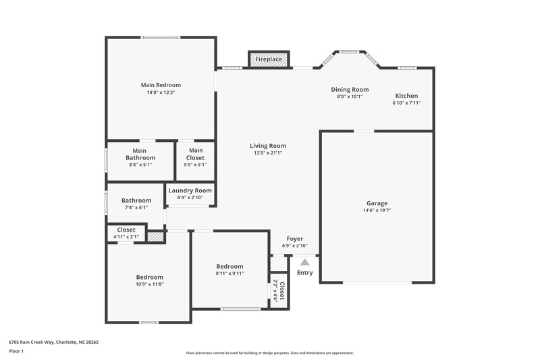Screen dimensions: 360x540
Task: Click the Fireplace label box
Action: pos(269,59)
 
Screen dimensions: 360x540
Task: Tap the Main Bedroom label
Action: pos(161,85)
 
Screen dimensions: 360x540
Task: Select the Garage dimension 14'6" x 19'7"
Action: pos(377,211)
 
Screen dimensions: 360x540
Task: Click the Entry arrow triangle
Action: pos(305,261)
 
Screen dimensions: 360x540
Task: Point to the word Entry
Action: pos(305,272)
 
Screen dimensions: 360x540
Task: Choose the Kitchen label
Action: pos(406,96)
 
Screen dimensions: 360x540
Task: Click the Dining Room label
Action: pos(350,89)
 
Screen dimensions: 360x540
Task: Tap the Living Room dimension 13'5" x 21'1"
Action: pos(268,153)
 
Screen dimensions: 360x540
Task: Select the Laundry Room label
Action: pos(190,190)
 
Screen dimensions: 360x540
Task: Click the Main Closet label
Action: pos(196,154)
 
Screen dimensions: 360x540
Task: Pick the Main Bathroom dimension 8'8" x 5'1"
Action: pos(140,164)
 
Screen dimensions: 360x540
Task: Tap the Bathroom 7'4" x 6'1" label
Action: pos(136,201)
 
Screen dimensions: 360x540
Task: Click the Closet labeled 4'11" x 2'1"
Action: pos(126,230)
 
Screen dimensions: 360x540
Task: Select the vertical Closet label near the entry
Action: pos(281,290)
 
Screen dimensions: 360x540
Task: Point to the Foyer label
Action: pos(295,239)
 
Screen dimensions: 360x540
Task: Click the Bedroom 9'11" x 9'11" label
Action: pos(230,267)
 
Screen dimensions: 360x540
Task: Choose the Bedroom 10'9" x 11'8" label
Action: pos(149,278)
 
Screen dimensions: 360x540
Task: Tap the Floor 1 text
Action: pos(16,352)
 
